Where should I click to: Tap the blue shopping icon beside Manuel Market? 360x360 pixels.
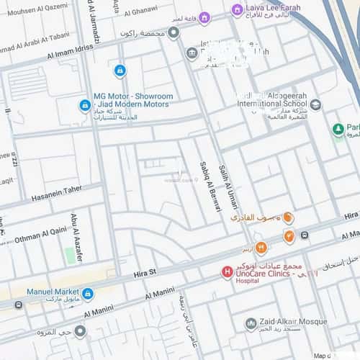pyautogui.click(x=88, y=294)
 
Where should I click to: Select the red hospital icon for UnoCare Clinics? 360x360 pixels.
pyautogui.click(x=227, y=272)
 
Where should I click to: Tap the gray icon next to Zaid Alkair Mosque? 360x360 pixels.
pyautogui.click(x=251, y=324)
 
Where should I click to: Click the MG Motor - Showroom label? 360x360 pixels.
pyautogui.click(x=133, y=96)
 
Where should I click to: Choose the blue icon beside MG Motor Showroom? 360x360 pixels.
pyautogui.click(x=85, y=106)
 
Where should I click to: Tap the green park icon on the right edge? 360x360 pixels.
pyautogui.click(x=338, y=129)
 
